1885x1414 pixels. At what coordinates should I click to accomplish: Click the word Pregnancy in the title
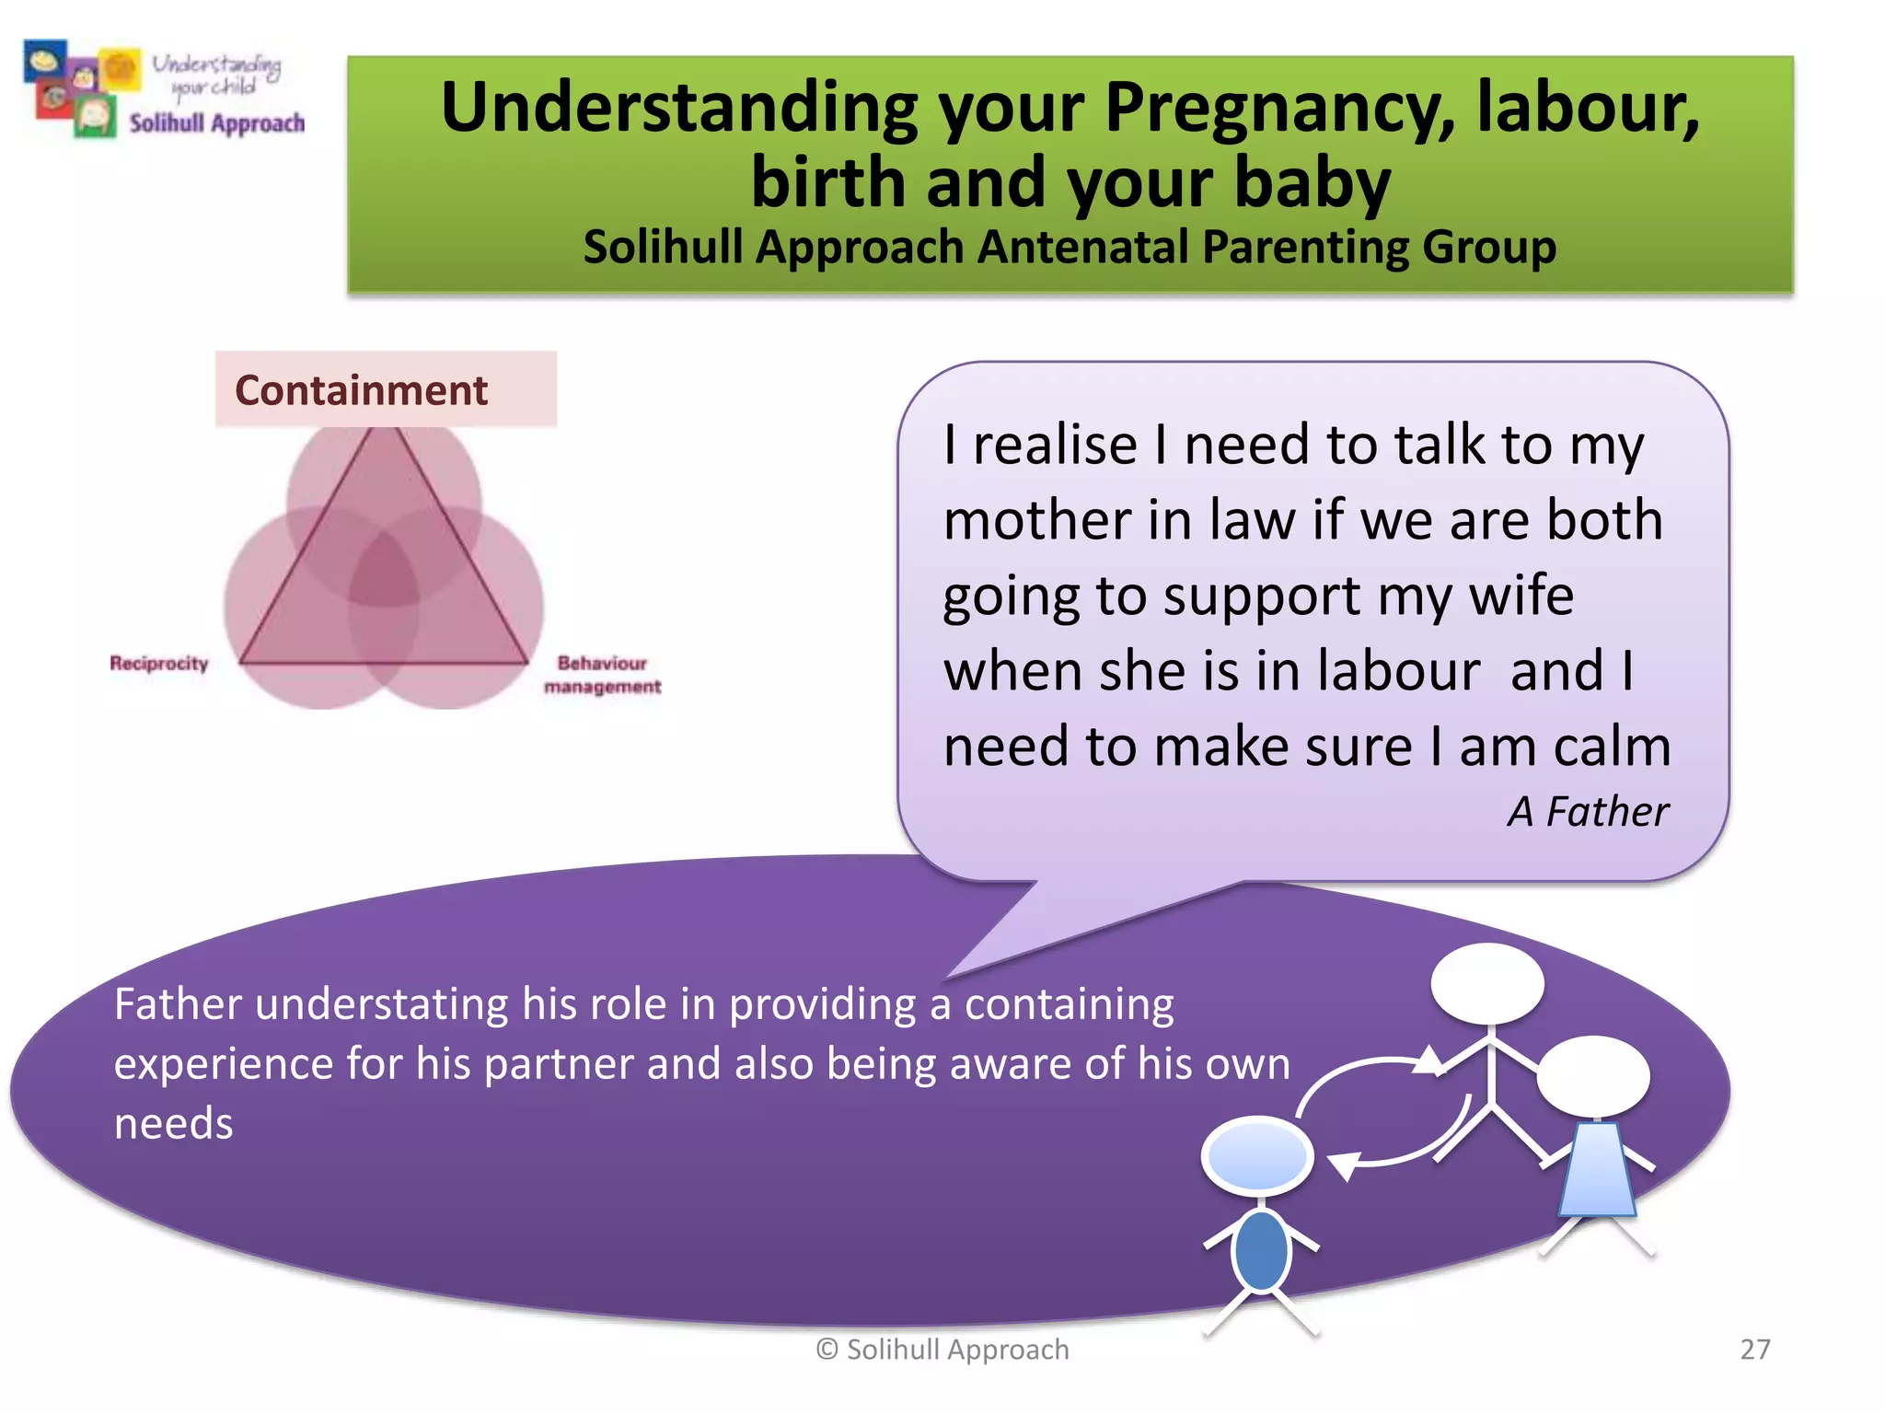pyautogui.click(x=1279, y=109)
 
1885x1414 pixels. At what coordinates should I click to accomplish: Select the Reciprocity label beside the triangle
pyautogui.click(x=159, y=664)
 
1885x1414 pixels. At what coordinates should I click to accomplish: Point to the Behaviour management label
pyautogui.click(x=603, y=675)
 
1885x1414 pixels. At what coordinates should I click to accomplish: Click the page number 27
pyautogui.click(x=1754, y=1350)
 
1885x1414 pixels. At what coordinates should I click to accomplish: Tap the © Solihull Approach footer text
pyautogui.click(x=942, y=1350)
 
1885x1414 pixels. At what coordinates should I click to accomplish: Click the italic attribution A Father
pyautogui.click(x=1588, y=812)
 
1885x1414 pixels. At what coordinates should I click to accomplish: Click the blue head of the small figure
pyautogui.click(x=1258, y=1156)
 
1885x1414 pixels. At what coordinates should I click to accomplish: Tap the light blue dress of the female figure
pyautogui.click(x=1597, y=1169)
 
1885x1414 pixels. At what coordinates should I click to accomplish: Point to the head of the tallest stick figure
pyautogui.click(x=1487, y=983)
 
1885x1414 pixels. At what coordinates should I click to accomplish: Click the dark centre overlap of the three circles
pyautogui.click(x=383, y=571)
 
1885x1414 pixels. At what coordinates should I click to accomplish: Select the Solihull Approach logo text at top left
pyautogui.click(x=216, y=123)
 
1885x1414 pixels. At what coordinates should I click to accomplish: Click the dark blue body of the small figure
pyautogui.click(x=1260, y=1250)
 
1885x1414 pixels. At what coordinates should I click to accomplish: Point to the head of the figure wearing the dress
pyautogui.click(x=1593, y=1075)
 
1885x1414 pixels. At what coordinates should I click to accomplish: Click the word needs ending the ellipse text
pyautogui.click(x=174, y=1124)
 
